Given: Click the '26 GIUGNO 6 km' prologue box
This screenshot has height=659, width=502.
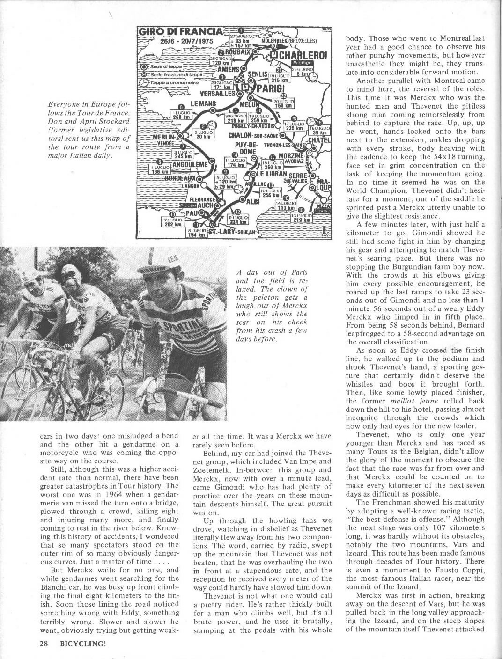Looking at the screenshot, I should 300,71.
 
